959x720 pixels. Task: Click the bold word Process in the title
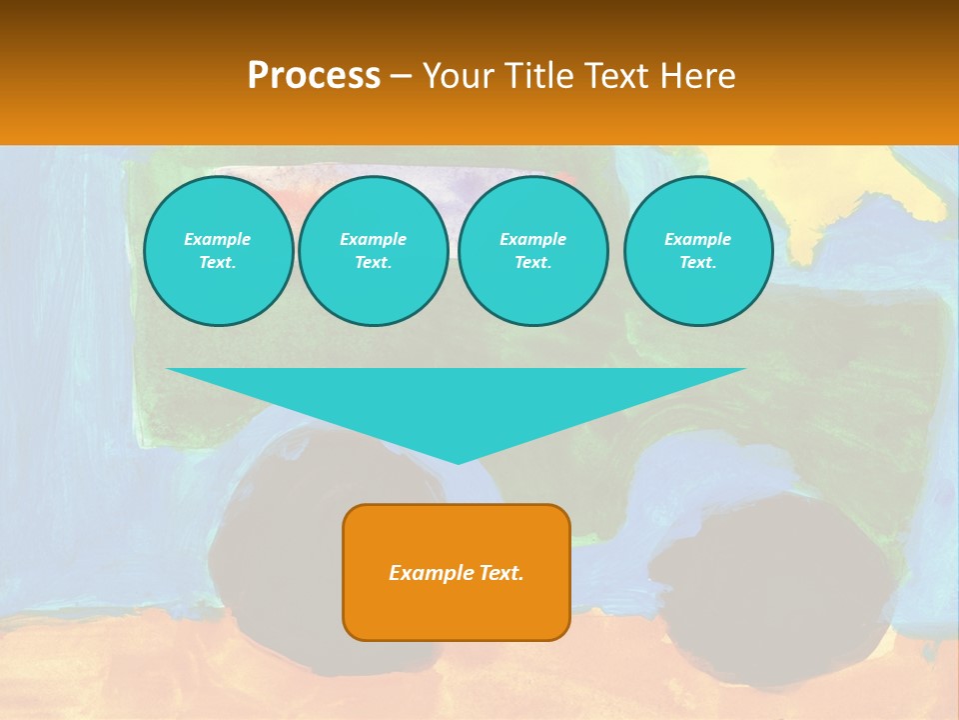click(x=314, y=76)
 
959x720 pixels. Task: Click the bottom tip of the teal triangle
click(x=458, y=461)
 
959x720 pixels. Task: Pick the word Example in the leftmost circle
click(x=218, y=239)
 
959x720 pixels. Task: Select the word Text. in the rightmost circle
click(x=697, y=262)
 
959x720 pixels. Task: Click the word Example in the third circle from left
click(x=532, y=239)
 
